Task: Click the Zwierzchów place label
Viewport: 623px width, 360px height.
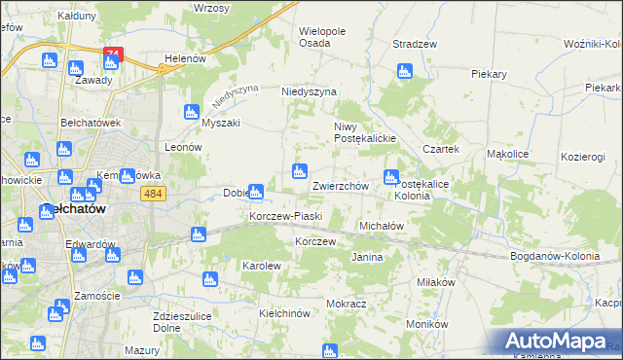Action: tap(339, 185)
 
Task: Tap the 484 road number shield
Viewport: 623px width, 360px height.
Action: tap(152, 196)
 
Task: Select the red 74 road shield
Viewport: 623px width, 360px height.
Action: tap(114, 55)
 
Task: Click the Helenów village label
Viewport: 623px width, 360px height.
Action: tap(185, 58)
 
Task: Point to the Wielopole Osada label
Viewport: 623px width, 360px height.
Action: tap(322, 37)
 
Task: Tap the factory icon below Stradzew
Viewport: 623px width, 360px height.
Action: tap(405, 71)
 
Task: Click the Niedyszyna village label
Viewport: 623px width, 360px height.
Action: tap(309, 91)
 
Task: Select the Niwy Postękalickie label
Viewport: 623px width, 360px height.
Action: tap(363, 132)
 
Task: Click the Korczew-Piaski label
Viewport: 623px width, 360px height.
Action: tap(285, 216)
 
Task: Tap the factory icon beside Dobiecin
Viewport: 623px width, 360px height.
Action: tap(256, 191)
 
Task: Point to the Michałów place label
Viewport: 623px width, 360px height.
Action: tap(382, 225)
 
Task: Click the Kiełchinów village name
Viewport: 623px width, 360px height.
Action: tap(284, 313)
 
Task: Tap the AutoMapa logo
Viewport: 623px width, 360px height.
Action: tap(557, 342)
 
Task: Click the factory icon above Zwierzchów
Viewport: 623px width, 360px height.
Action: tap(301, 172)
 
